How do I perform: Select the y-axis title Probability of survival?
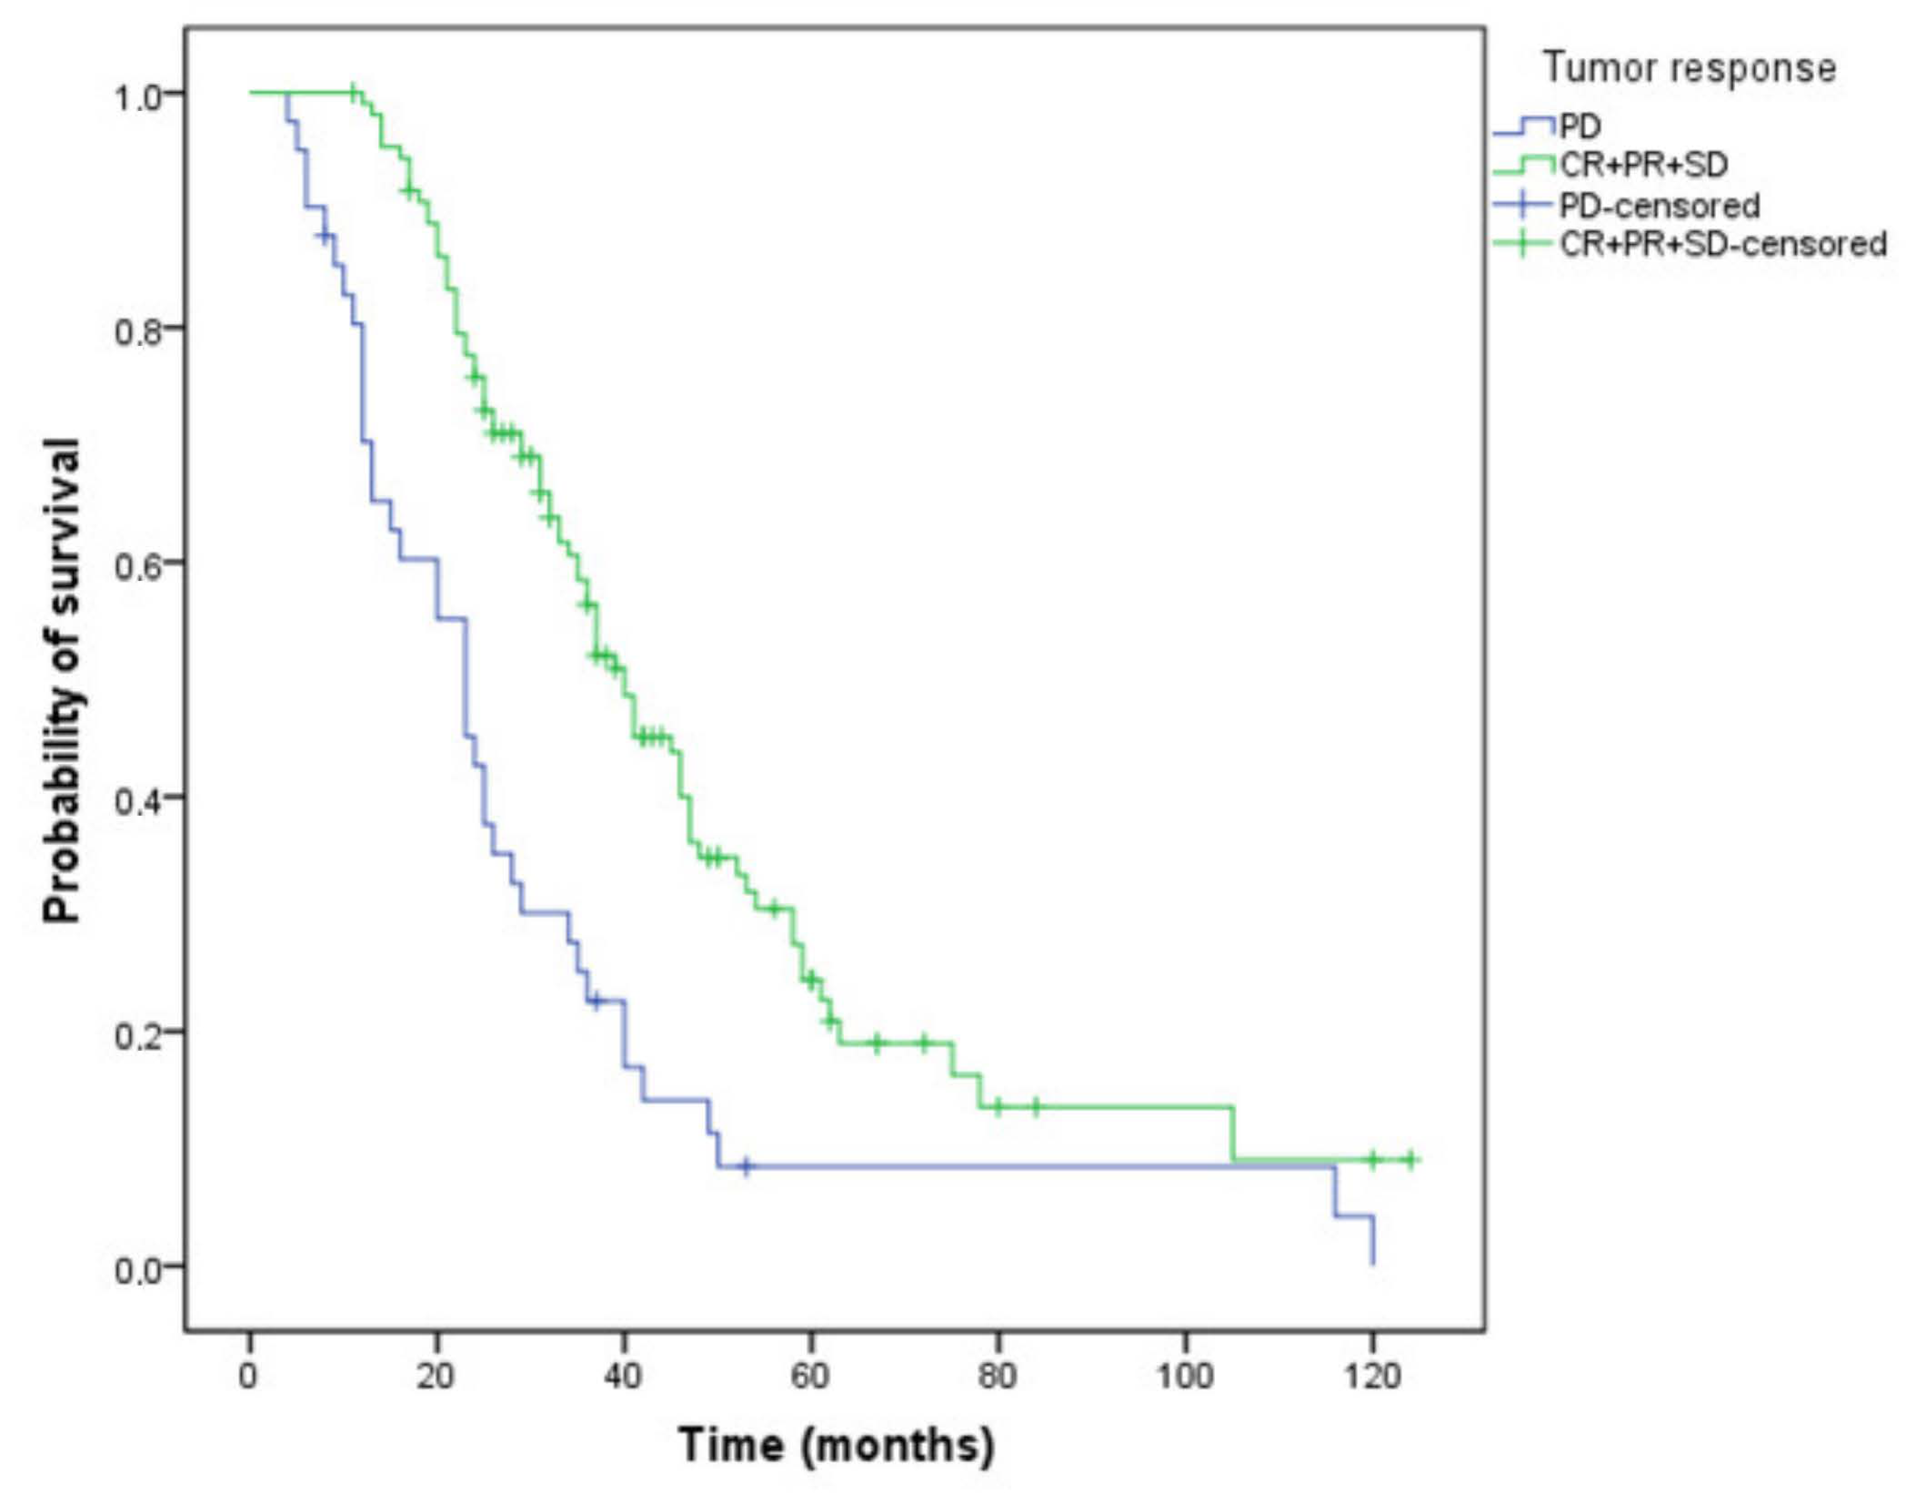63,680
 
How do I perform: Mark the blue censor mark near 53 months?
746,1167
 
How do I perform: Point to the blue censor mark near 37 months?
596,1001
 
